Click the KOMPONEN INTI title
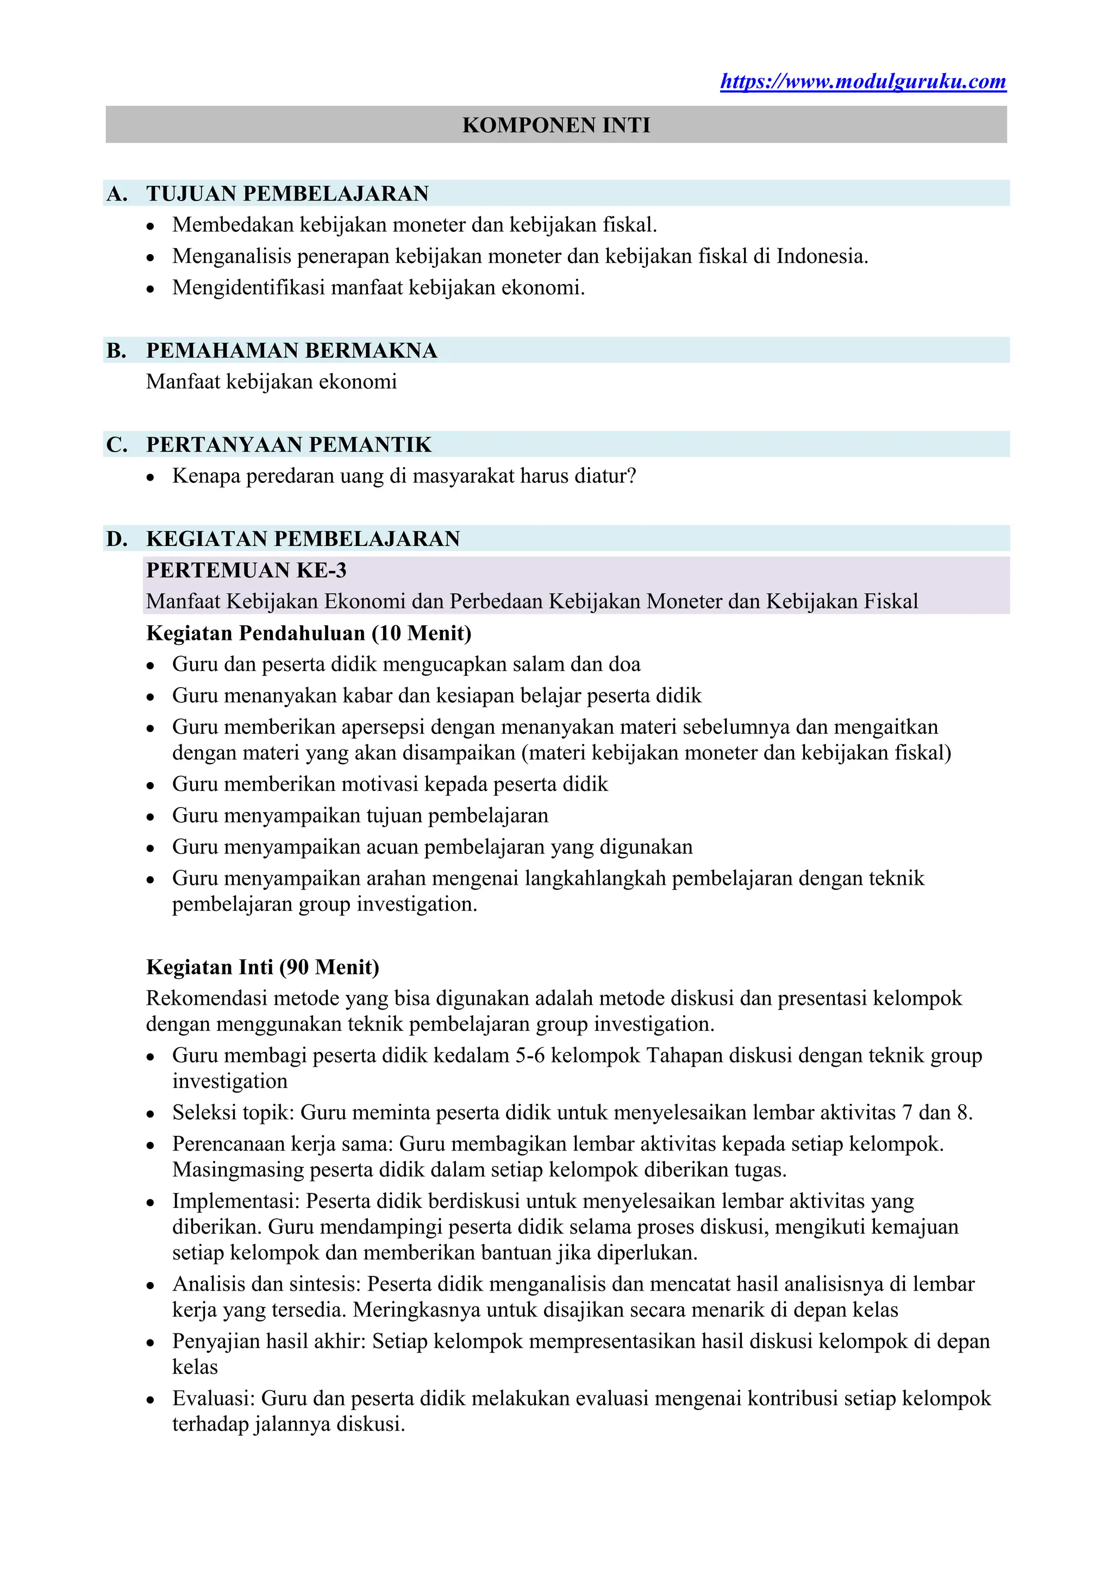[556, 125]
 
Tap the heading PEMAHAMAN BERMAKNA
[291, 350]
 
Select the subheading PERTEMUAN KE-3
[246, 570]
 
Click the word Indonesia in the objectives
[821, 256]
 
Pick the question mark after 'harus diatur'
[631, 475]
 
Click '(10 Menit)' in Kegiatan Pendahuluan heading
[422, 633]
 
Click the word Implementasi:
[236, 1201]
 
